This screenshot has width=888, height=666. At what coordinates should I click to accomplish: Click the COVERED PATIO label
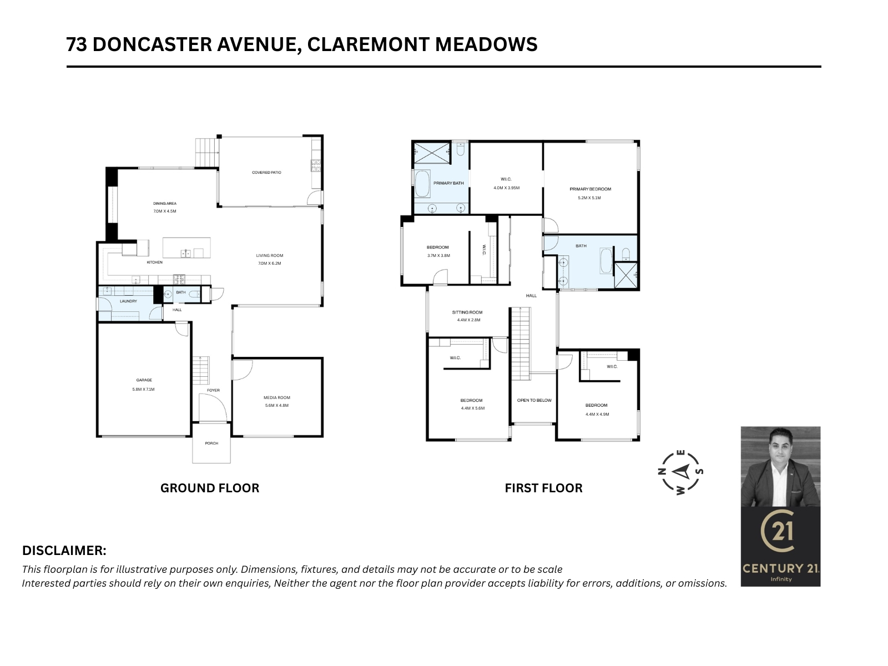point(266,173)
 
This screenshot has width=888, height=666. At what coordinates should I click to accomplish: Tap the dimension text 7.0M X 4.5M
point(165,211)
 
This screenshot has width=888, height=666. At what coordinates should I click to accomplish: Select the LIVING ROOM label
point(269,255)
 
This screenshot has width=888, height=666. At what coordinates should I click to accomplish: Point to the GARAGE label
point(144,380)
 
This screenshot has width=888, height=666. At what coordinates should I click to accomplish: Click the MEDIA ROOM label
point(277,397)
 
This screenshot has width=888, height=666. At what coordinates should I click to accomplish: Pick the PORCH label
point(211,443)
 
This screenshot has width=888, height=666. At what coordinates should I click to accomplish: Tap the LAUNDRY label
point(128,301)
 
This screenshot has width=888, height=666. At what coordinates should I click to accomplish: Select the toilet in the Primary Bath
point(460,149)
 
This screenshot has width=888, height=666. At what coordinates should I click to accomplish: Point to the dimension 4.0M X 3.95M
point(506,188)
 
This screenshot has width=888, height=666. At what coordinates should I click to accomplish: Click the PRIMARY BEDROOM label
point(590,189)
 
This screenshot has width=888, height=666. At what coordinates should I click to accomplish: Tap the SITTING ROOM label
point(467,312)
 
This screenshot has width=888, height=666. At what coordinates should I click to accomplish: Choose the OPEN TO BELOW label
point(534,400)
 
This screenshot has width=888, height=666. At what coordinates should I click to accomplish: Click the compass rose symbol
point(681,472)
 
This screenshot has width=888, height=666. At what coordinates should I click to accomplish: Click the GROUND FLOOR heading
point(210,488)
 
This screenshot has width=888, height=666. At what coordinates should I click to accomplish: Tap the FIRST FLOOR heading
point(543,488)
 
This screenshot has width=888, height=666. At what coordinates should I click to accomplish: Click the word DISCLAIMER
point(64,551)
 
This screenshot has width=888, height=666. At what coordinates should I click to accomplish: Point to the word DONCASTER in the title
point(152,44)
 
